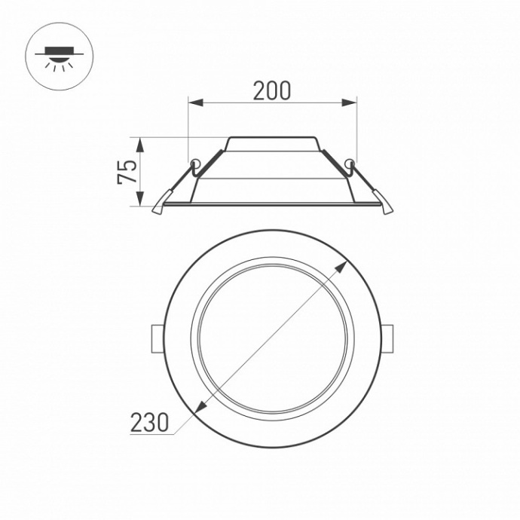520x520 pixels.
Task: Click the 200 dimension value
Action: point(271,90)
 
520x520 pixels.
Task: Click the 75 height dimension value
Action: point(128,172)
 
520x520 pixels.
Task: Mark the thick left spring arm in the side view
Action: point(211,161)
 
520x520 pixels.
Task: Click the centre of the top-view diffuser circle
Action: point(271,338)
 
